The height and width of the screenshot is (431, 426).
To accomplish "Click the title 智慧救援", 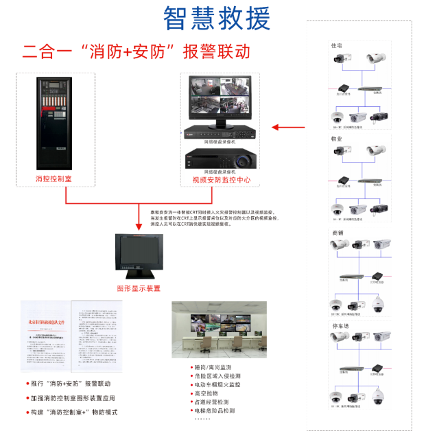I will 217,19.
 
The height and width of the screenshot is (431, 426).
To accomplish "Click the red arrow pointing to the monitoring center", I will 288,127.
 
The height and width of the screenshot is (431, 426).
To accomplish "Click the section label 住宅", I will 336,46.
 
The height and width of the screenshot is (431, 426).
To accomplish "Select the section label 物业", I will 336,139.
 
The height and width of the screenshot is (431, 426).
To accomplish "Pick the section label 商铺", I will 337,233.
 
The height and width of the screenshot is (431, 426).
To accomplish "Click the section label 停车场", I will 339,325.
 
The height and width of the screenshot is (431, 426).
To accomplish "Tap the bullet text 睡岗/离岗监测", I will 216,367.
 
